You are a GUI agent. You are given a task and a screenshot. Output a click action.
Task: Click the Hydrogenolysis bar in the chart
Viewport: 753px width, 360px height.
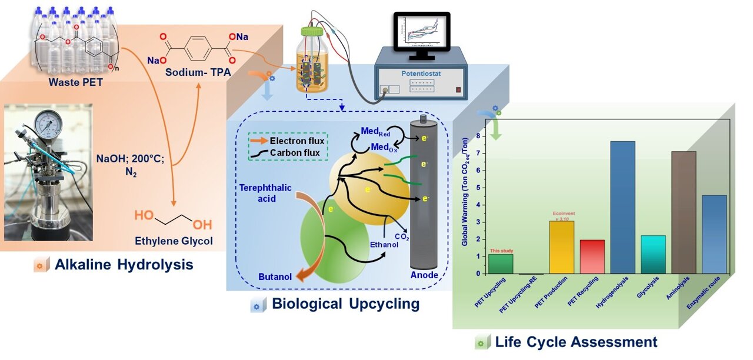[622, 208]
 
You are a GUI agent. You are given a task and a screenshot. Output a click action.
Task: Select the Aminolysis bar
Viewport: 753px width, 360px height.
[684, 212]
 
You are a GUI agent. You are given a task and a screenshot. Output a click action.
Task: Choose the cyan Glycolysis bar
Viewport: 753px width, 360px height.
[653, 255]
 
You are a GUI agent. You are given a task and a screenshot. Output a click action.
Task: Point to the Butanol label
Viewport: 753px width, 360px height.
[275, 277]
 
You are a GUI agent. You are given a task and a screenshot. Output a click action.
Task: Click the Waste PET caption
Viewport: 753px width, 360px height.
[76, 82]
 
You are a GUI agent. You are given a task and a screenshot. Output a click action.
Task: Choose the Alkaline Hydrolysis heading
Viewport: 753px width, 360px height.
[124, 265]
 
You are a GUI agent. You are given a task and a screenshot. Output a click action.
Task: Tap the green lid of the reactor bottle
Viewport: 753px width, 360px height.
[312, 32]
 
